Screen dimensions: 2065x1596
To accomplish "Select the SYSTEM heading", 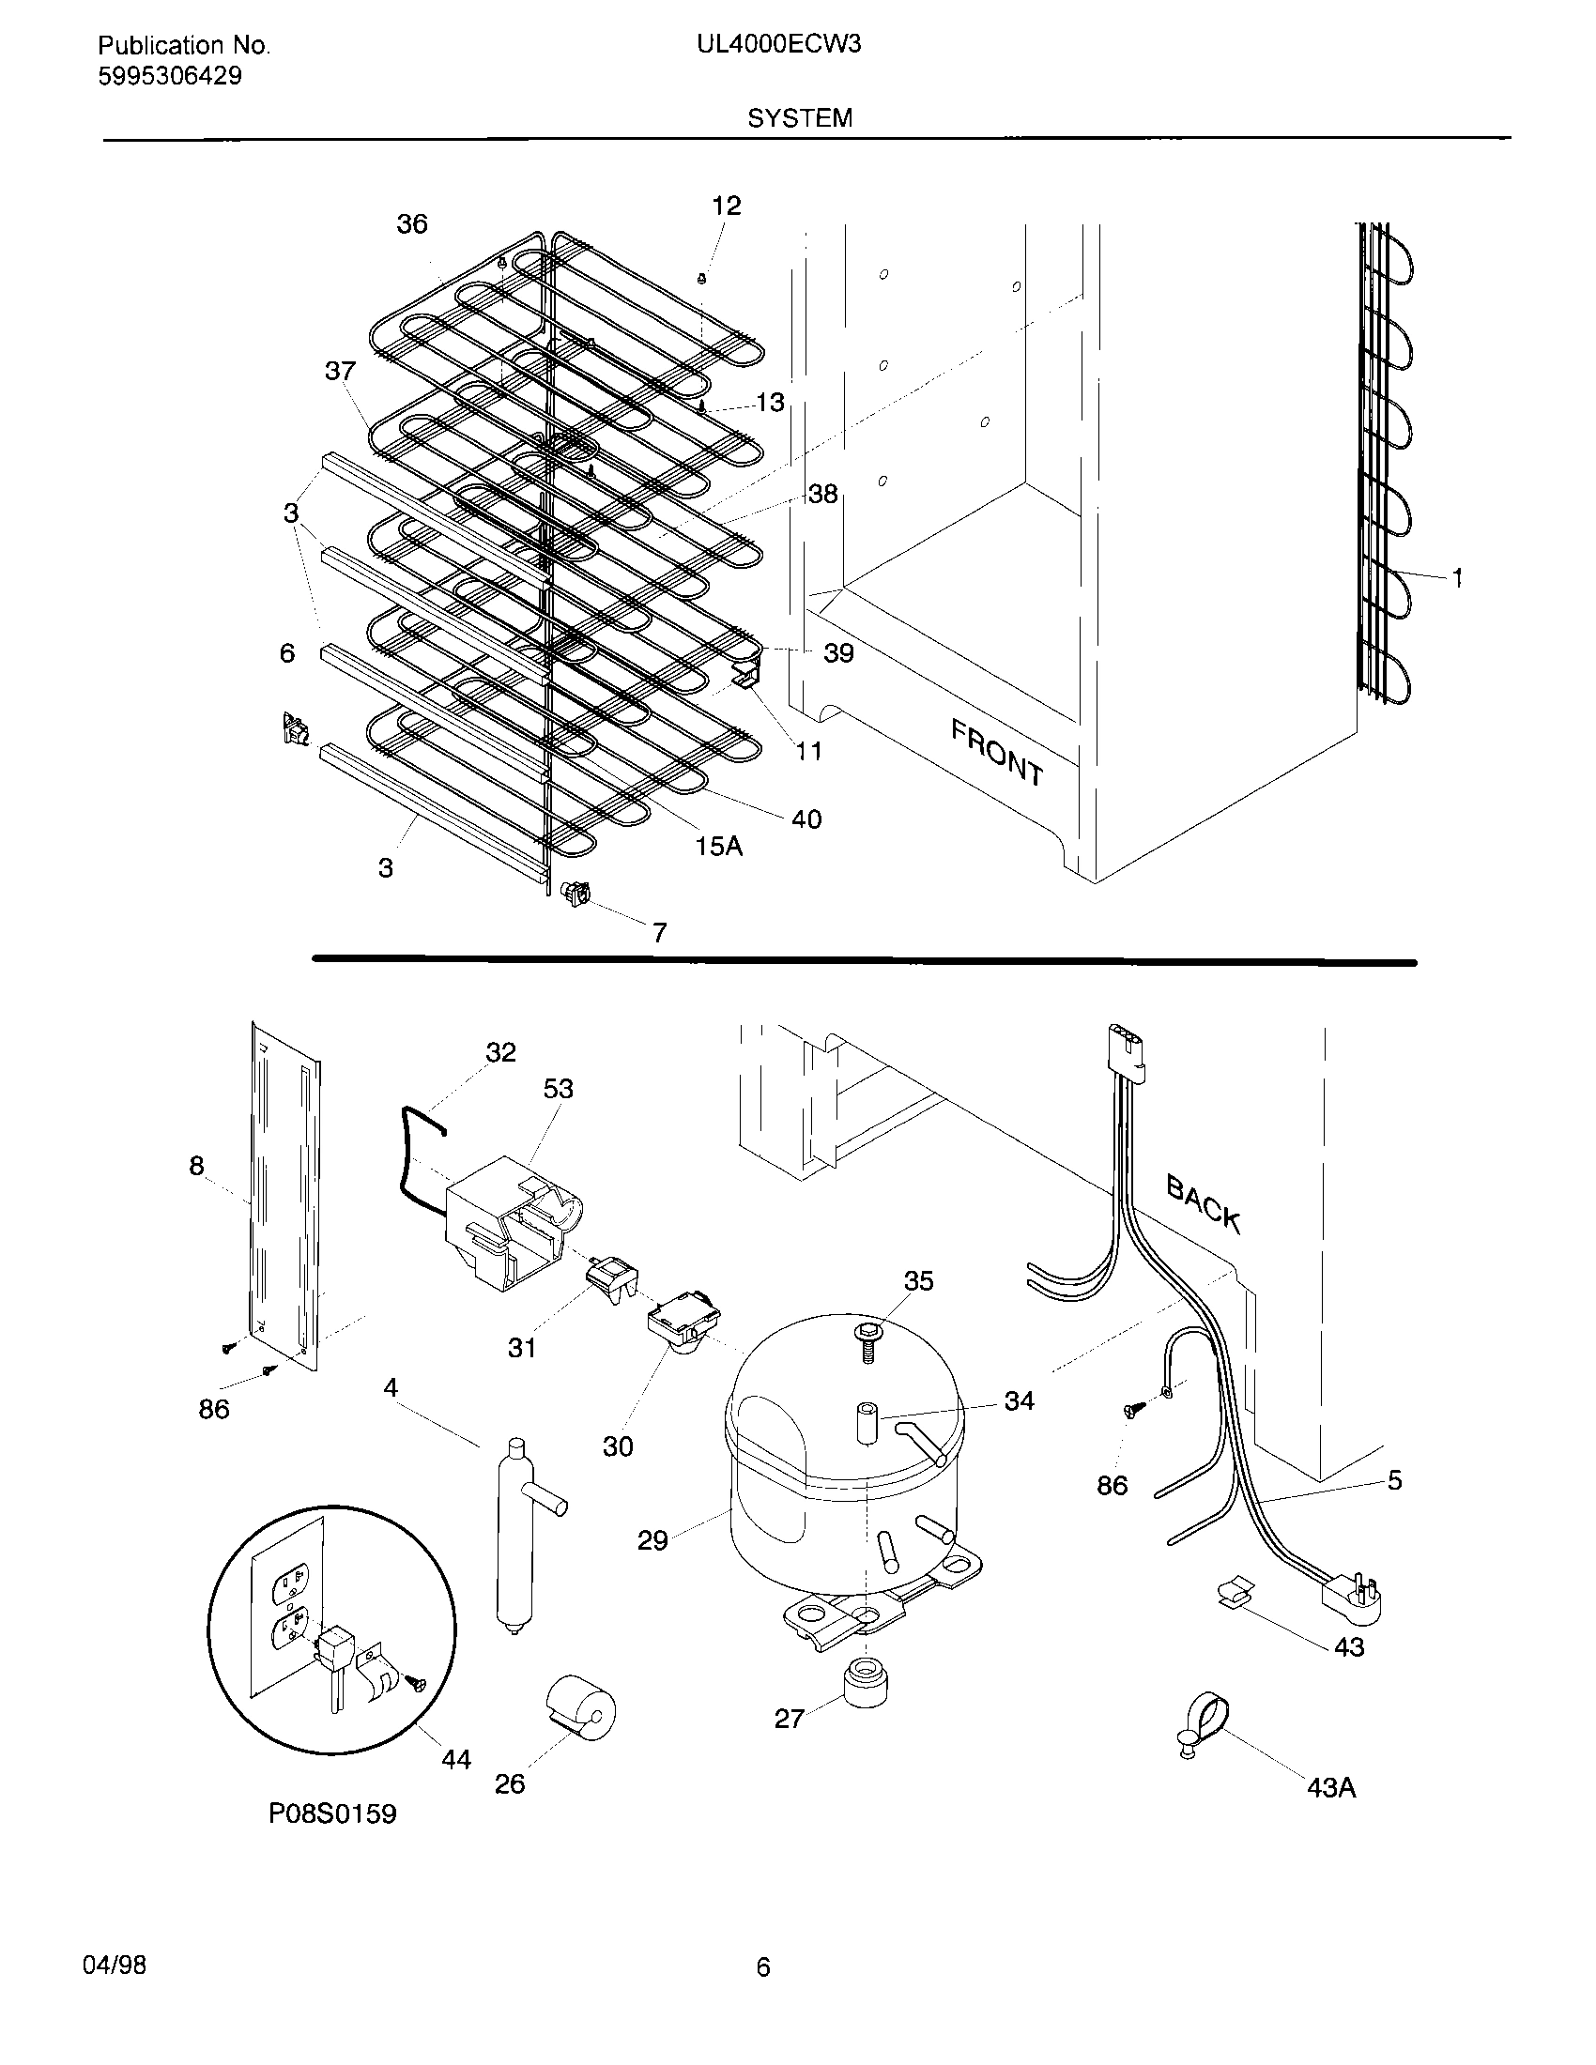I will [x=799, y=118].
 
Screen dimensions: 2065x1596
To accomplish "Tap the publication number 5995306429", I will [x=169, y=77].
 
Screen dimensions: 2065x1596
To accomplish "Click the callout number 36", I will [x=411, y=224].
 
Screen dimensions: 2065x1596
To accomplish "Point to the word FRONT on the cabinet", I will [x=997, y=753].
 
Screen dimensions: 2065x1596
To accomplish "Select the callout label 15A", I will [x=718, y=847].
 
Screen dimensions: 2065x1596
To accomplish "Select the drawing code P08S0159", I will [x=333, y=1813].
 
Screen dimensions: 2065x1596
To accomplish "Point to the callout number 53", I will [x=558, y=1088].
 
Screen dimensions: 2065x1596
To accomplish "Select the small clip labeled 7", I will [x=575, y=892].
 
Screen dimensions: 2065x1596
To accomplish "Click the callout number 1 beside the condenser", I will [x=1457, y=576].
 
